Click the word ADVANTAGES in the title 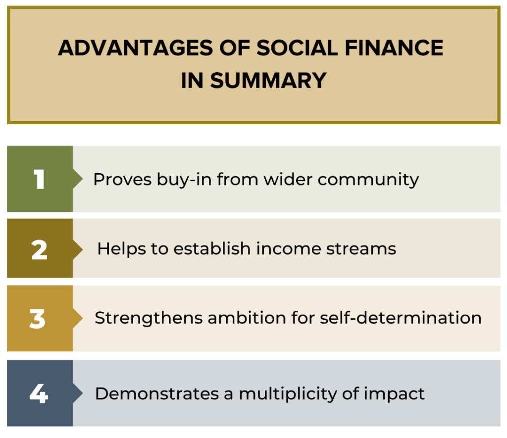pos(136,48)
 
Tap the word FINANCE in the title pos(394,48)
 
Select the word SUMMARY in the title pos(268,81)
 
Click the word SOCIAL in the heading pos(297,48)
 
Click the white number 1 pos(39,179)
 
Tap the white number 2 pos(40,250)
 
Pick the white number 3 pos(38,319)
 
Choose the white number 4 pos(39,393)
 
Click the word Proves pos(123,179)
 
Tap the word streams pos(361,249)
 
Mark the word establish pos(212,249)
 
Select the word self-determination pos(401,318)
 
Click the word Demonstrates pos(157,394)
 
